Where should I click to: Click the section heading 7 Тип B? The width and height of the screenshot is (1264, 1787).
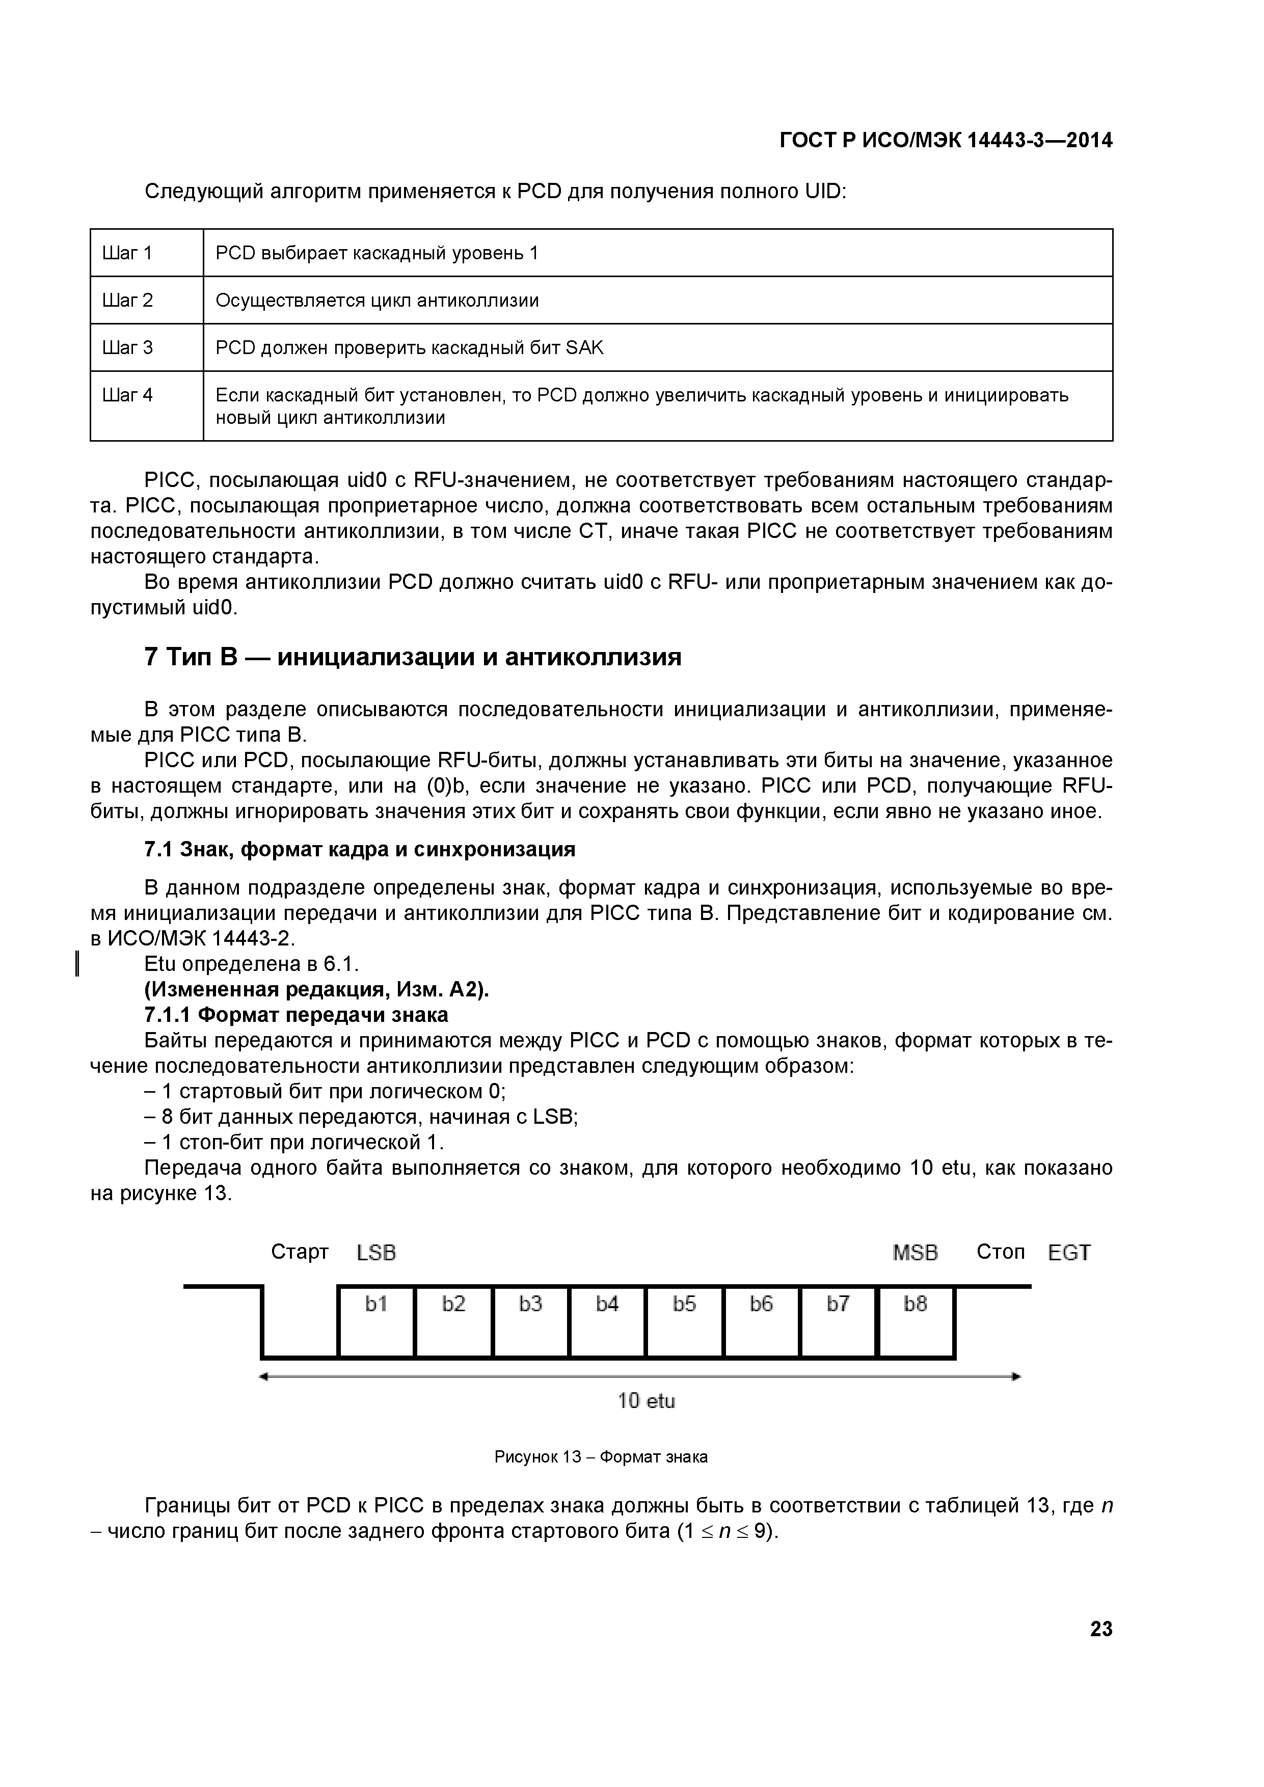point(413,657)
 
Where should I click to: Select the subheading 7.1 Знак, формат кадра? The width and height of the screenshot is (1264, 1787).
point(360,849)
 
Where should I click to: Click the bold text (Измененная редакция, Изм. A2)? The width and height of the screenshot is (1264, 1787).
point(317,989)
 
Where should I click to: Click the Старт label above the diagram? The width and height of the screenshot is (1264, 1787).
point(300,1252)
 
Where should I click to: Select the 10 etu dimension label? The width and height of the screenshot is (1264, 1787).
point(646,1401)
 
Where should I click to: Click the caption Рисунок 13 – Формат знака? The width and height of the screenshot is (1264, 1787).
point(601,1457)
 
